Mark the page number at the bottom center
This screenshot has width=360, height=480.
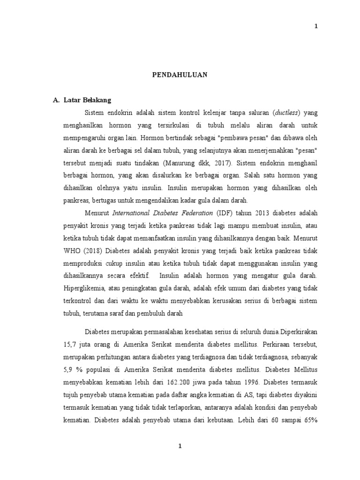coord(180,446)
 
